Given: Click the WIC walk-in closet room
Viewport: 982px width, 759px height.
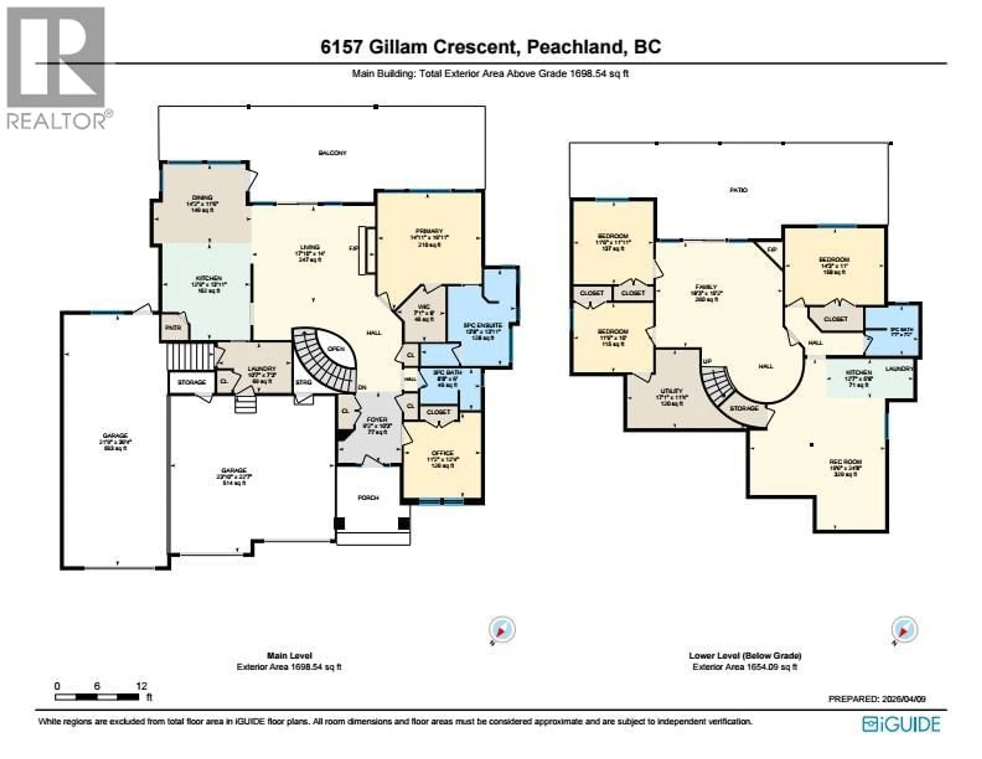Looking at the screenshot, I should tap(423, 313).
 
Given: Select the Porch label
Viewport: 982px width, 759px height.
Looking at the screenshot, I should tap(368, 498).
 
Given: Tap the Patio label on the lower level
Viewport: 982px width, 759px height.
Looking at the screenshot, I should tap(738, 190).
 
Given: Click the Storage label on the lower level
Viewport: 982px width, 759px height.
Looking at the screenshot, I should tap(744, 408).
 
